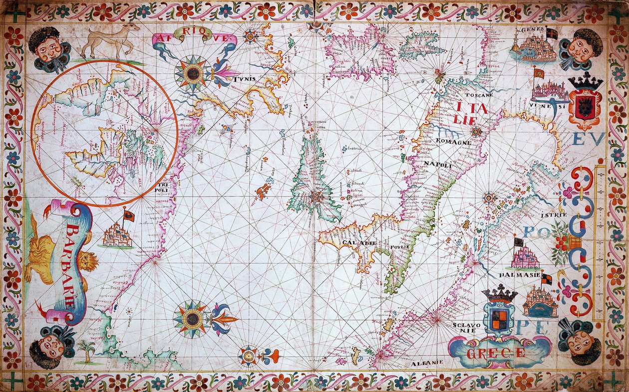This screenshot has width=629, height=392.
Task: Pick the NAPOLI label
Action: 438,165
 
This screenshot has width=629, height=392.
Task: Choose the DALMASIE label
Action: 519,275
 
